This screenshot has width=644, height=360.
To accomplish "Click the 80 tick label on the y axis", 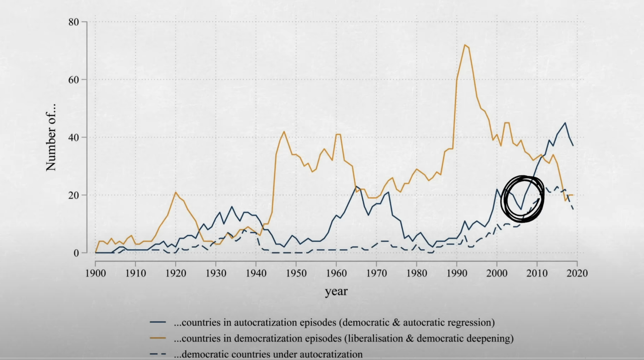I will [x=73, y=22].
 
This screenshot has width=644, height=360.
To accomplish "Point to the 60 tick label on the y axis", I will [x=73, y=80].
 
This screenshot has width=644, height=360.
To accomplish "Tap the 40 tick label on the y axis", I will [x=73, y=137].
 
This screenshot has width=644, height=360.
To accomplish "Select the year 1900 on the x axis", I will [x=95, y=273].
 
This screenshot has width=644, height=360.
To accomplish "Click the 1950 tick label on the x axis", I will [x=296, y=273].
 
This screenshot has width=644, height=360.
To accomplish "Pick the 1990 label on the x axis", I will [x=456, y=273].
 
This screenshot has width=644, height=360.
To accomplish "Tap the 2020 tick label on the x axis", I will [x=577, y=273].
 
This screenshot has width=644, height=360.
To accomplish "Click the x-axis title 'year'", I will [x=336, y=292].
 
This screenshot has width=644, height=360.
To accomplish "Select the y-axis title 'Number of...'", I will [x=51, y=138].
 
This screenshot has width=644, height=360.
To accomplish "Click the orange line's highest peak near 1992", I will [x=464, y=45].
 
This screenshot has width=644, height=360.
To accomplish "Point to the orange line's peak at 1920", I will [x=176, y=192].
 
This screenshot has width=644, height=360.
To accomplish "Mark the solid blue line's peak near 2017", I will [x=565, y=123].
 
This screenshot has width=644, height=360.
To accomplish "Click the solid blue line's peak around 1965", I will [x=356, y=186].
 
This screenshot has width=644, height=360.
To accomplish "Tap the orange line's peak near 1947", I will [x=284, y=131].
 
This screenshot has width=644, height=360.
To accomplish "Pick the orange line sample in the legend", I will [x=157, y=338].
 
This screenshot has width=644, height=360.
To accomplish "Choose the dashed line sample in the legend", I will [x=157, y=354].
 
